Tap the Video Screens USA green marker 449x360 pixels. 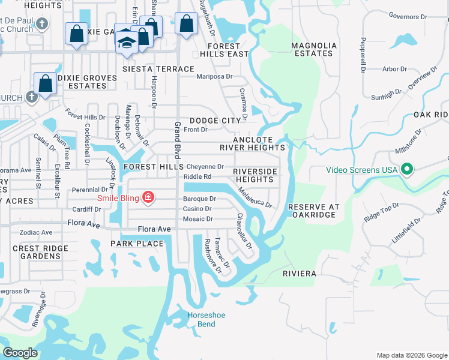pos(407,170)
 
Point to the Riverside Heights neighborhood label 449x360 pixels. pos(256,175)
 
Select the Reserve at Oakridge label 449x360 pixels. pos(314,211)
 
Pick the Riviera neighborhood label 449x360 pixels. pos(299,274)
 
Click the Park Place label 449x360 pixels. pos(137,243)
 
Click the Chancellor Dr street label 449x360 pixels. pos(243,232)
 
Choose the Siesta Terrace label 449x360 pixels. pos(158,70)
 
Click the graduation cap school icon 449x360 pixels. pos(127,42)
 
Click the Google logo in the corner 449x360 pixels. pos(20,353)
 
